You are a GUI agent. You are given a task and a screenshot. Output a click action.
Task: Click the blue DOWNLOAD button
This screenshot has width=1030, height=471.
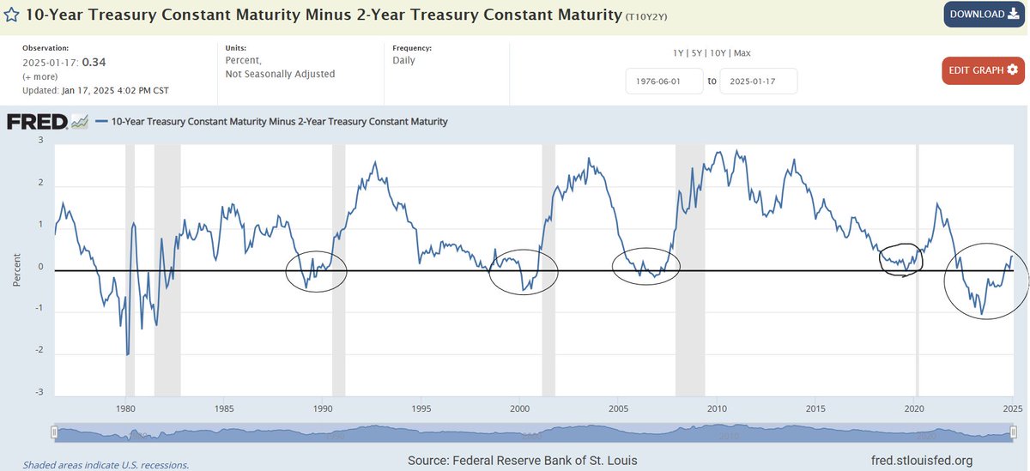pos(983,15)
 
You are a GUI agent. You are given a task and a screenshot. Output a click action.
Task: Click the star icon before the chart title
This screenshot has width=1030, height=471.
pos(12,15)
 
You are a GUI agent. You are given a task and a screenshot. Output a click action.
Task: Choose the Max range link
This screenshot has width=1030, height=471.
pos(742,53)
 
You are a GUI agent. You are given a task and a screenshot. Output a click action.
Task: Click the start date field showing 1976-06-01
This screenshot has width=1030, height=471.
pos(664,82)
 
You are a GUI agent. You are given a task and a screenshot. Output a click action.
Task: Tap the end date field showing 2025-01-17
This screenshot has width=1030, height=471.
pos(758,82)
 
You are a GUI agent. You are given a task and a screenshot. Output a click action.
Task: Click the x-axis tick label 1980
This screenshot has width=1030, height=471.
pos(125,408)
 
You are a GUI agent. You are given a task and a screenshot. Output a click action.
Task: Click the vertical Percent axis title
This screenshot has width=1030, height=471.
pos(16,269)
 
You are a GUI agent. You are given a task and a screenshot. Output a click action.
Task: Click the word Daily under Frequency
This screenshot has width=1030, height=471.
pos(403,61)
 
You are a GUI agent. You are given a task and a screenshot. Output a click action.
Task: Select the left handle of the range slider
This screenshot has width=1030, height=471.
pos(54,432)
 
